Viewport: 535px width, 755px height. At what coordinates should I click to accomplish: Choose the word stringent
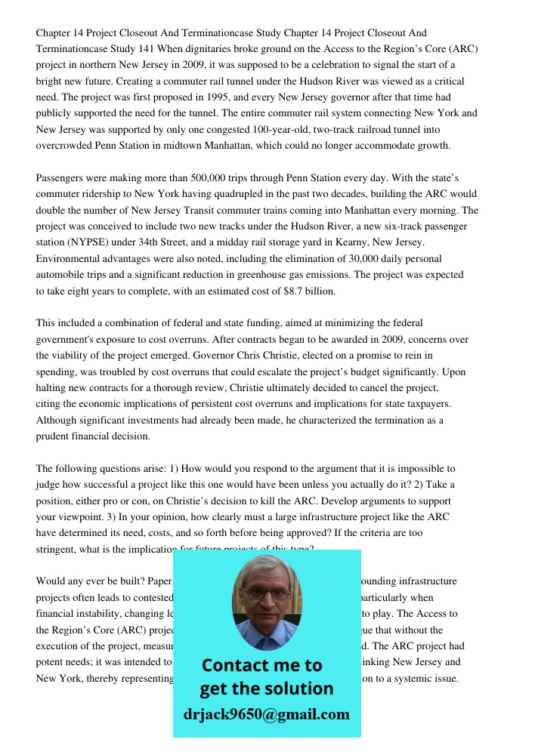[x=57, y=550]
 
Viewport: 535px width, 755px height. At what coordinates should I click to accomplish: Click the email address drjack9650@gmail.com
[x=267, y=713]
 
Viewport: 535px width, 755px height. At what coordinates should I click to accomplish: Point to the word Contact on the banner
[x=235, y=665]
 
